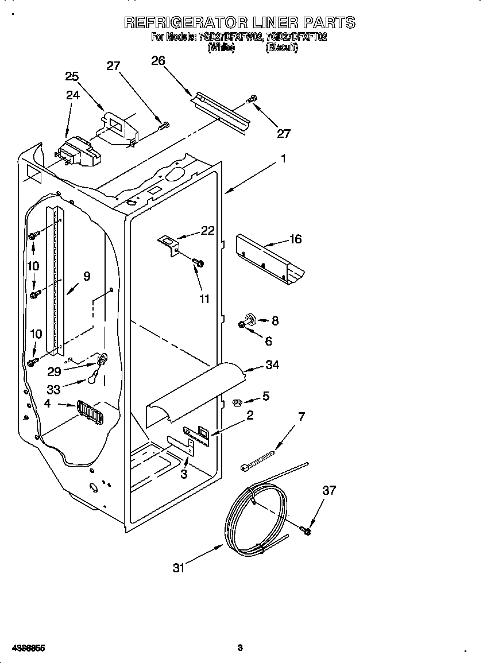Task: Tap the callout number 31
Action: (180, 568)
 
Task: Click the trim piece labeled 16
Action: (270, 258)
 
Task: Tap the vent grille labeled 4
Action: (89, 412)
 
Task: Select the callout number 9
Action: (87, 276)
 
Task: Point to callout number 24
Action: (72, 95)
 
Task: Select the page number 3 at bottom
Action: (240, 648)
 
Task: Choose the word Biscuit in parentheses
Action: (281, 49)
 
